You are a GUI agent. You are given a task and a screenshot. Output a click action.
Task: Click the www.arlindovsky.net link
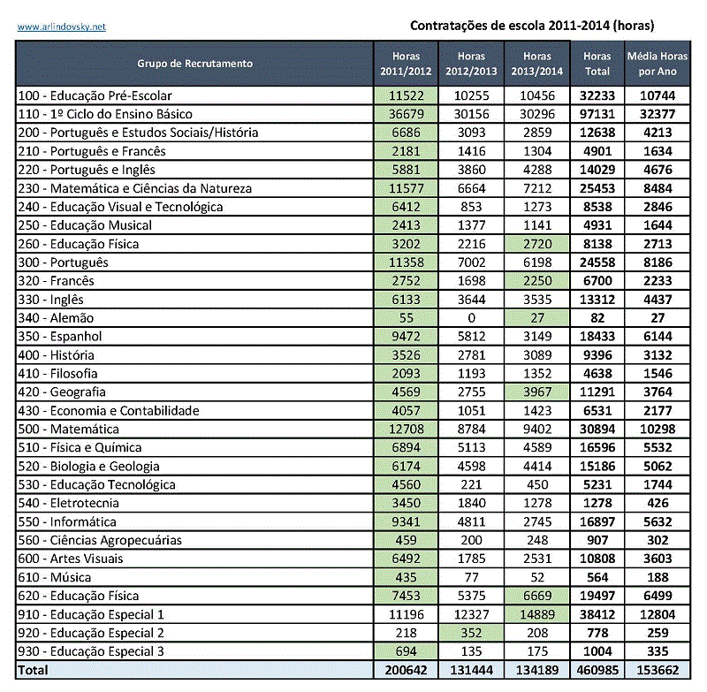62,27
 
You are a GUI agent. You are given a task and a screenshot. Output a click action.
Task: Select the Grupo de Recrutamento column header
194,64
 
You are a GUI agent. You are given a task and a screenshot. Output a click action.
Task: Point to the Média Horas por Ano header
655,64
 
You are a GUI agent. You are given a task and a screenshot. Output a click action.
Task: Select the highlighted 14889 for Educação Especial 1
537,614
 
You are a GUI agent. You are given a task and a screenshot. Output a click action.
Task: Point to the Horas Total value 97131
597,114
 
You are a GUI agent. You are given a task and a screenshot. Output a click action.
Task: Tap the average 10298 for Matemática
655,429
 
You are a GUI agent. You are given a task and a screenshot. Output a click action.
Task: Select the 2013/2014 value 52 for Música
537,577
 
